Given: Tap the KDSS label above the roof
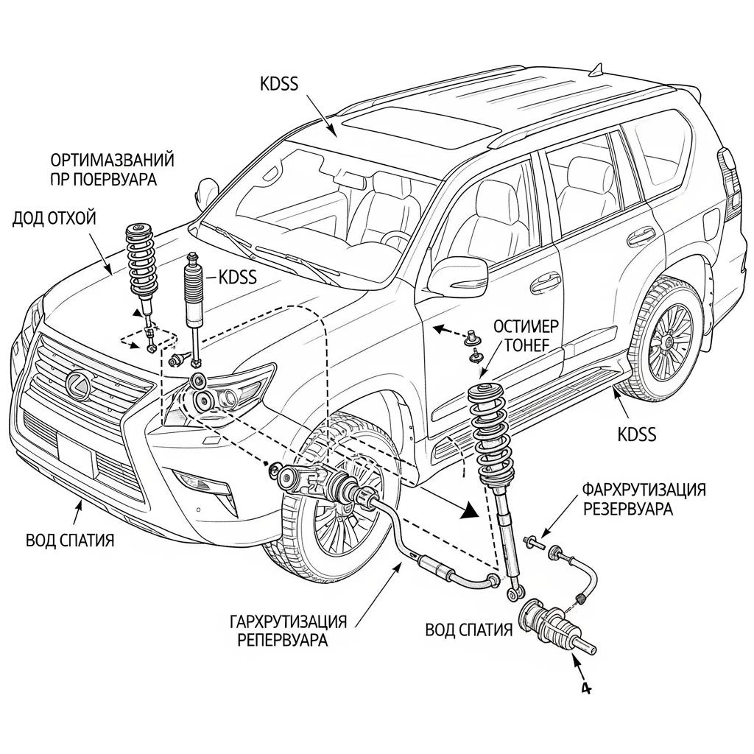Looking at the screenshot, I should [x=280, y=83].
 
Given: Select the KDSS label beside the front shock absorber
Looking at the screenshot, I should [x=238, y=277].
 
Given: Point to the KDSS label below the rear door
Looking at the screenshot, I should [x=637, y=434].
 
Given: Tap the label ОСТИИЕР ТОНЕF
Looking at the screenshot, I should [x=525, y=337].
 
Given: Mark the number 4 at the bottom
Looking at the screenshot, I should [x=585, y=688].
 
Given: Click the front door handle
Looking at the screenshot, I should [x=545, y=281].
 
